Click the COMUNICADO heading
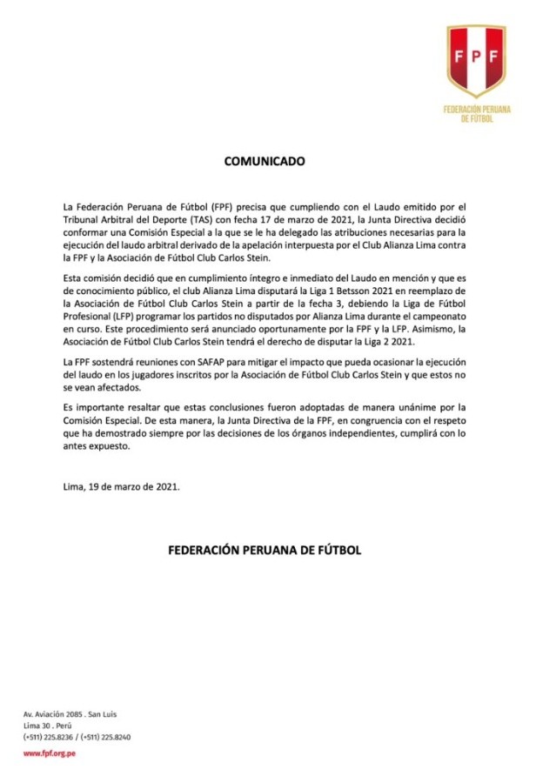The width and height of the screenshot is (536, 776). point(267,162)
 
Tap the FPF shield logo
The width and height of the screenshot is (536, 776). point(475,61)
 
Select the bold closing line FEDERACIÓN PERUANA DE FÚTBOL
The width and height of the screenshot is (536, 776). point(267,551)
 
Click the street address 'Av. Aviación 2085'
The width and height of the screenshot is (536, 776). point(57,713)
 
